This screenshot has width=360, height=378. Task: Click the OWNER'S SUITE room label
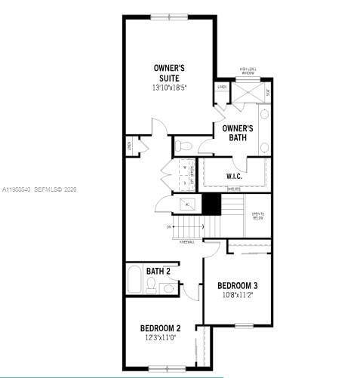click(x=168, y=73)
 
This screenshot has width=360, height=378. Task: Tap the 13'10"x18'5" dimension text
click(x=169, y=88)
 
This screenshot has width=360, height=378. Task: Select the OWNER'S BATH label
click(x=238, y=133)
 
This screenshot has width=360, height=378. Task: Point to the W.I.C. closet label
click(x=234, y=177)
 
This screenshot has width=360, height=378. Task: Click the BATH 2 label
click(x=158, y=271)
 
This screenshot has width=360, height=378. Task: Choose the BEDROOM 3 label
click(x=238, y=285)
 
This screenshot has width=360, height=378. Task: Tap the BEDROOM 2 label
click(x=160, y=328)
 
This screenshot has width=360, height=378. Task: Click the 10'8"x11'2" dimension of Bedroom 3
click(x=238, y=296)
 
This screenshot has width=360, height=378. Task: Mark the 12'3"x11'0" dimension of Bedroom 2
click(x=160, y=338)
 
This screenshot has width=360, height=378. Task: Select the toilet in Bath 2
click(x=151, y=286)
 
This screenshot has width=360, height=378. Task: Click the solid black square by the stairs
click(x=211, y=204)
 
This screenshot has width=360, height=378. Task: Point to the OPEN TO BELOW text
click(x=258, y=214)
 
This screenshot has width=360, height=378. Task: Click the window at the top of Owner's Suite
click(x=171, y=17)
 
